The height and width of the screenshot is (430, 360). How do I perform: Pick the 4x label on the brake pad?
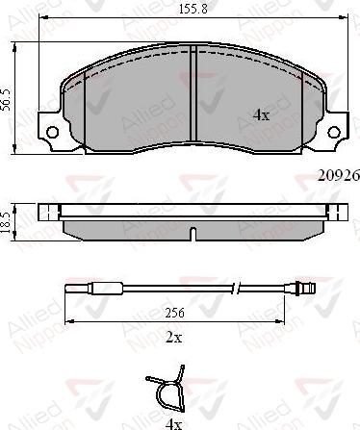[x=260, y=114]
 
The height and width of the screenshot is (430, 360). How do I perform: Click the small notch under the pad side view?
[x=192, y=234]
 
